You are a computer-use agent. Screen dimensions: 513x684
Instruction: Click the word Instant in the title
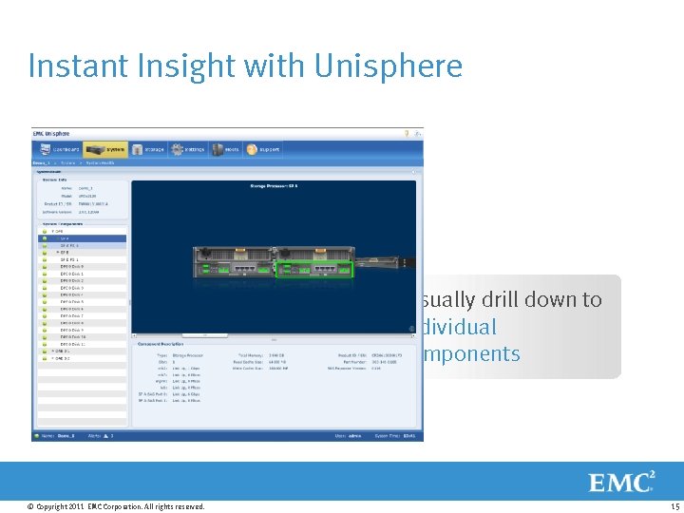point(72,66)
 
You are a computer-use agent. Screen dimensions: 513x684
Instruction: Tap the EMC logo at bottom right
point(622,482)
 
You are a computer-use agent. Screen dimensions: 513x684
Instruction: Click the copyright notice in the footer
point(116,506)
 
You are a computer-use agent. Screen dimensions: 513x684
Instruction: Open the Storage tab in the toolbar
point(149,149)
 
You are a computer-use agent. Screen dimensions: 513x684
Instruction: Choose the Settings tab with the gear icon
point(189,149)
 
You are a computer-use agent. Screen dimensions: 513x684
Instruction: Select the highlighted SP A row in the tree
point(81,238)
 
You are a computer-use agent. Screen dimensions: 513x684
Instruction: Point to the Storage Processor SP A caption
point(275,186)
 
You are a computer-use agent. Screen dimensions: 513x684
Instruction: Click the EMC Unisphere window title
point(54,134)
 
